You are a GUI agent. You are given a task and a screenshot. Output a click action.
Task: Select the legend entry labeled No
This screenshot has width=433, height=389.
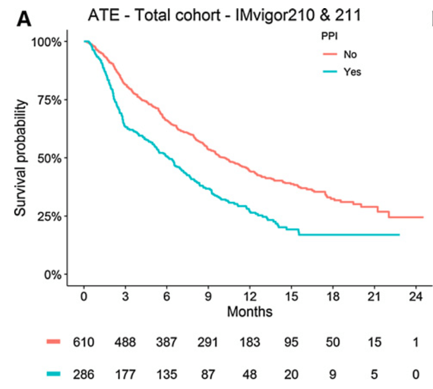tap(349, 54)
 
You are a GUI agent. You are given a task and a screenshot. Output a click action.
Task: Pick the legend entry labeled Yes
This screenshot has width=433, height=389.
tap(351, 71)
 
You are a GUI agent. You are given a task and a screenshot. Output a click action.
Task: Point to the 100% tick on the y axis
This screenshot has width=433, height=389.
tap(48, 42)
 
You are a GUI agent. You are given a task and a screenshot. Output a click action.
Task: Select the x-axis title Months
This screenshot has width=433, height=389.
tap(250, 312)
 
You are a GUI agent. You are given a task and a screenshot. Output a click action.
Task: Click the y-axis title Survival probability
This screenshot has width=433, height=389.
tap(21, 158)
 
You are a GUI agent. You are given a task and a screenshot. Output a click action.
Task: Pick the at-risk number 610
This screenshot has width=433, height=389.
tap(84, 342)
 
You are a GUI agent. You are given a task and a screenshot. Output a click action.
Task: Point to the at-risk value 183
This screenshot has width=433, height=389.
tap(250, 342)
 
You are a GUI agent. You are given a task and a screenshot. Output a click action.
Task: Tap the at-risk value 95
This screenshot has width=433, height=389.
tap(291, 342)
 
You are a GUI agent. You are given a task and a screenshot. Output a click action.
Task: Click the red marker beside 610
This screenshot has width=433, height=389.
tap(54, 342)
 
